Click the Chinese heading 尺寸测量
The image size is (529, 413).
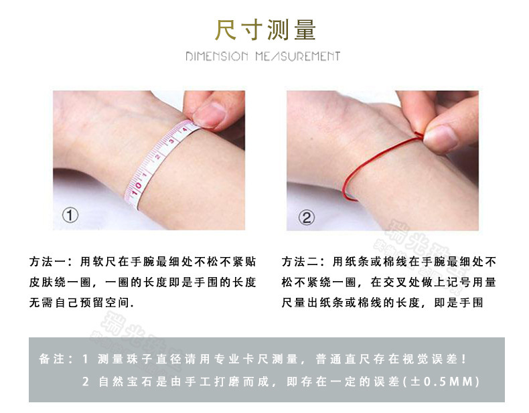point(264,29)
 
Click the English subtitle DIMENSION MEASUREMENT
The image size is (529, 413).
point(263,56)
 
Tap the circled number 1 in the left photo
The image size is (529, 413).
point(70,216)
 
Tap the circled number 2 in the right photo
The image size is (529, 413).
point(305,217)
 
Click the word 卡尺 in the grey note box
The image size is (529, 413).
point(272,359)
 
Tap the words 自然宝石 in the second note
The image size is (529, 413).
point(121,382)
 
